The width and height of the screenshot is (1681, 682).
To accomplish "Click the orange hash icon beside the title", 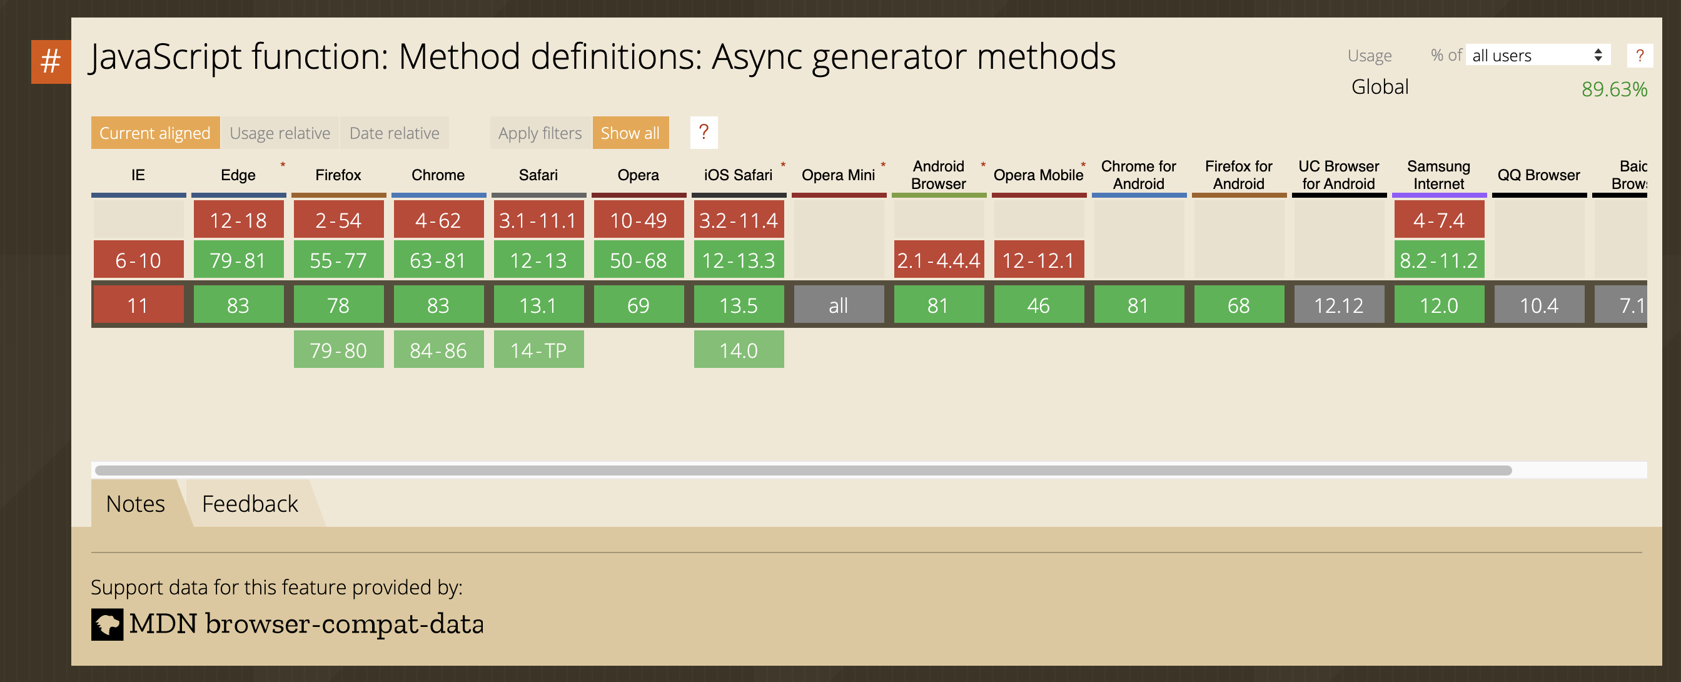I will pyautogui.click(x=50, y=62).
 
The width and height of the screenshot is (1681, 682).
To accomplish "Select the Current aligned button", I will pyautogui.click(x=154, y=133).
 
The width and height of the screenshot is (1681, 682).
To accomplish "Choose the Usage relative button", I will pyautogui.click(x=280, y=133).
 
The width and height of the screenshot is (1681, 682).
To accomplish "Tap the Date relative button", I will pyautogui.click(x=394, y=133).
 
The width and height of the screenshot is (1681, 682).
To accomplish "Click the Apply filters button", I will pyautogui.click(x=540, y=133).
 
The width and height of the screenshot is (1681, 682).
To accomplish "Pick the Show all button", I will pyautogui.click(x=630, y=133).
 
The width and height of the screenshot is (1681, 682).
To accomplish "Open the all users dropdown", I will pyautogui.click(x=1537, y=56).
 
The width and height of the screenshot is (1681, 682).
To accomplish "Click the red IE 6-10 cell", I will pyautogui.click(x=138, y=260).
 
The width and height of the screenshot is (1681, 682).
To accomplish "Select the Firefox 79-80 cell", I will pyautogui.click(x=338, y=350).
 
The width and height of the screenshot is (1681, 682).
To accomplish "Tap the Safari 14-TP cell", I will pyautogui.click(x=538, y=350).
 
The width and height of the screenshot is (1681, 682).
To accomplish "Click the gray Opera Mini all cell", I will pyautogui.click(x=839, y=305).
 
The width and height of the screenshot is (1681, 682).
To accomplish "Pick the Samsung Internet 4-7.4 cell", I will pyautogui.click(x=1438, y=220).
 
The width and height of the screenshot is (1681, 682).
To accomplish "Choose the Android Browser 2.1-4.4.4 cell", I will pyautogui.click(x=939, y=260).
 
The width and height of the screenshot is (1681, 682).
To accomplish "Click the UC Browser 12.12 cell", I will pyautogui.click(x=1338, y=305).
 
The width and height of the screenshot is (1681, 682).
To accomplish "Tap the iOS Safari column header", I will pyautogui.click(x=738, y=175).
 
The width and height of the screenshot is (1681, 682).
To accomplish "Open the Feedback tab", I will pyautogui.click(x=250, y=504).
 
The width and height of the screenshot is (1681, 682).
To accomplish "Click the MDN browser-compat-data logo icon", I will pyautogui.click(x=107, y=624).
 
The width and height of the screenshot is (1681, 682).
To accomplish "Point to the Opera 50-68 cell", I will pyautogui.click(x=639, y=260).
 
